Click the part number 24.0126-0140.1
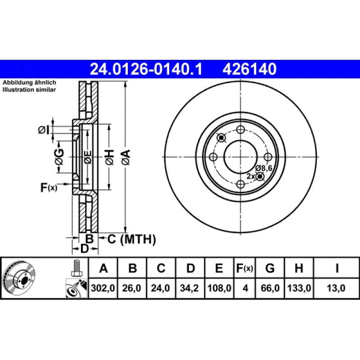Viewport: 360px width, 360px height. (x=147, y=69)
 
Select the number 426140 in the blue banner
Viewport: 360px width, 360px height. (x=247, y=69)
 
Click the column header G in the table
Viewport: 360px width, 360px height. (x=270, y=269)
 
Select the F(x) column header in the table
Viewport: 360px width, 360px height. (x=245, y=269)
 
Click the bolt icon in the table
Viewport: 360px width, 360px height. (x=76, y=269)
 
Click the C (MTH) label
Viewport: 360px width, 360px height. (x=131, y=239)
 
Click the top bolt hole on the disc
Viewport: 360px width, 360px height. (x=240, y=130)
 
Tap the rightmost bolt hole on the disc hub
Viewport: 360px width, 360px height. (x=268, y=157)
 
